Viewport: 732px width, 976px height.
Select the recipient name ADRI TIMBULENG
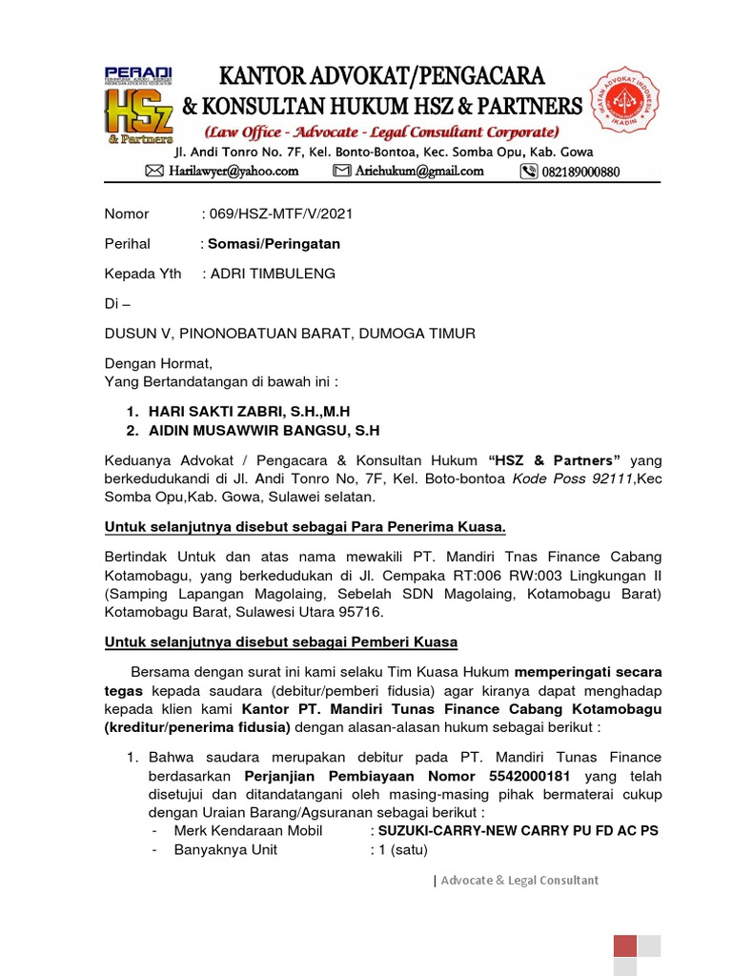273,274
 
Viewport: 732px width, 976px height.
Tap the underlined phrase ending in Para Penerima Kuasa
305,527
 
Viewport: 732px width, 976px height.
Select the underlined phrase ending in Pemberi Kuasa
281,641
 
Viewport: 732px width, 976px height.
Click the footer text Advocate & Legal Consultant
519,881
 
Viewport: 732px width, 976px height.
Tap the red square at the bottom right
624,946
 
